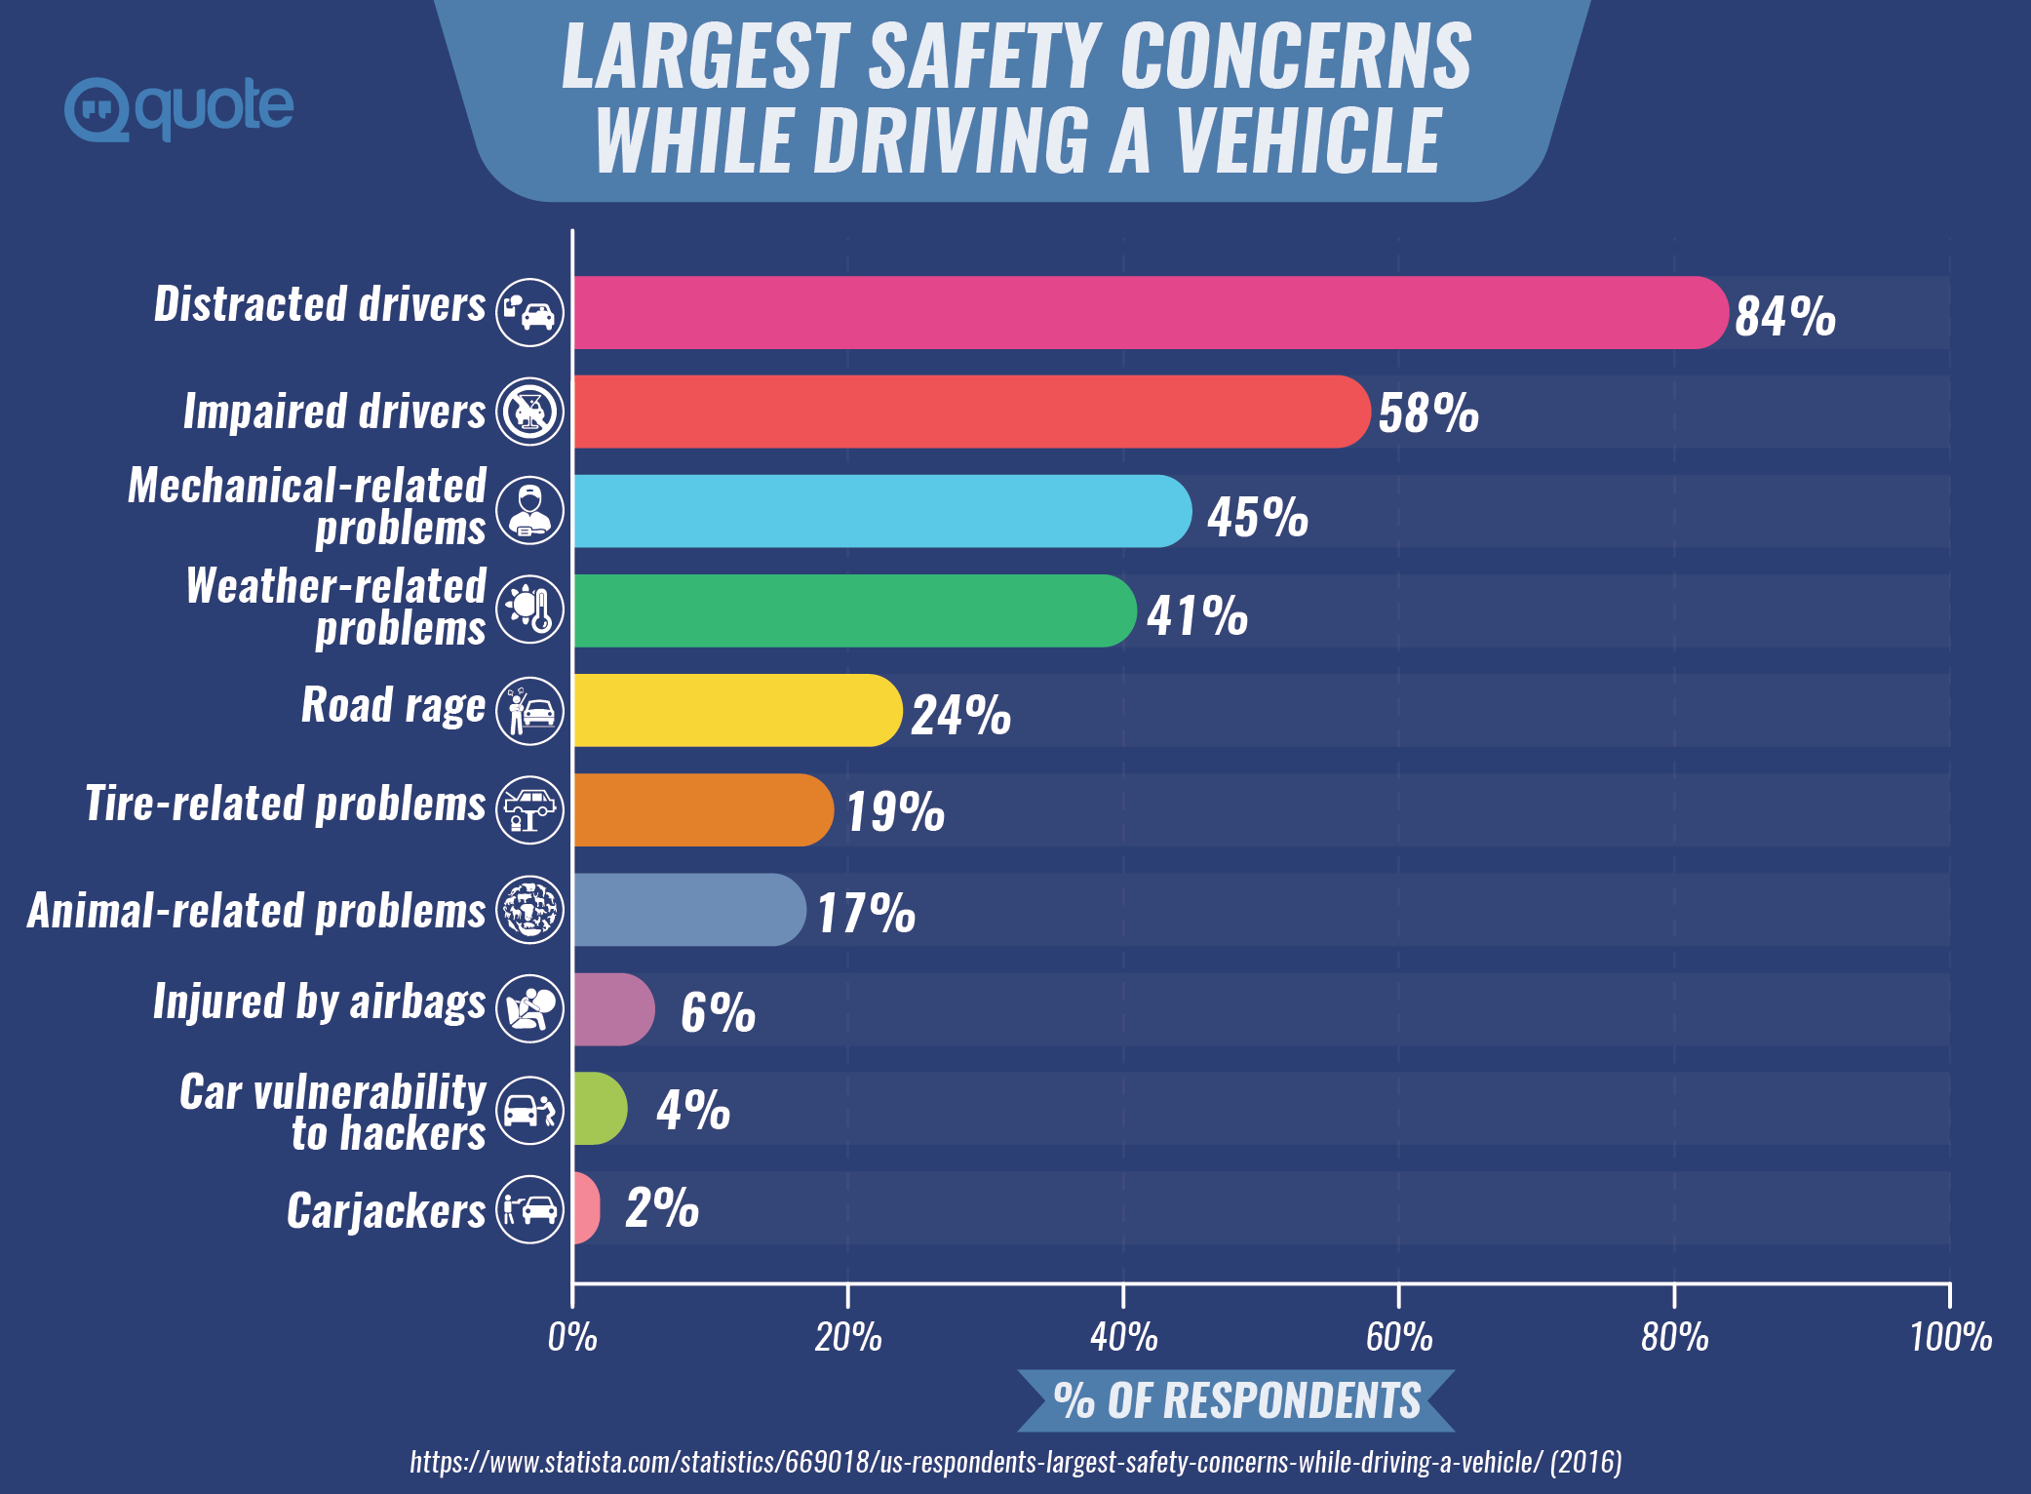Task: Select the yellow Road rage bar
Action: click(736, 710)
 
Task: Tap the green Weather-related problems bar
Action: click(853, 610)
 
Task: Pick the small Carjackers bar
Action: click(585, 1207)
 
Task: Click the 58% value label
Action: click(1427, 413)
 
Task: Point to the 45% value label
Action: click(1257, 516)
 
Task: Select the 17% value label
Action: click(866, 913)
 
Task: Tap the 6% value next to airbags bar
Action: click(718, 1011)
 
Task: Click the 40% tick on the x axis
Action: click(1123, 1336)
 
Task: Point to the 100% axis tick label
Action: click(1950, 1336)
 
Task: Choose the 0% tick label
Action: click(572, 1336)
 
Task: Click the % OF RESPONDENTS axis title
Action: click(1236, 1400)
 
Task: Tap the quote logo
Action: click(179, 107)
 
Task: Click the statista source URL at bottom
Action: click(1014, 1462)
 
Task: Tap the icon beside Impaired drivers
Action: click(529, 412)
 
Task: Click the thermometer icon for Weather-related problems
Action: click(529, 609)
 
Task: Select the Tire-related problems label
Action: click(285, 804)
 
